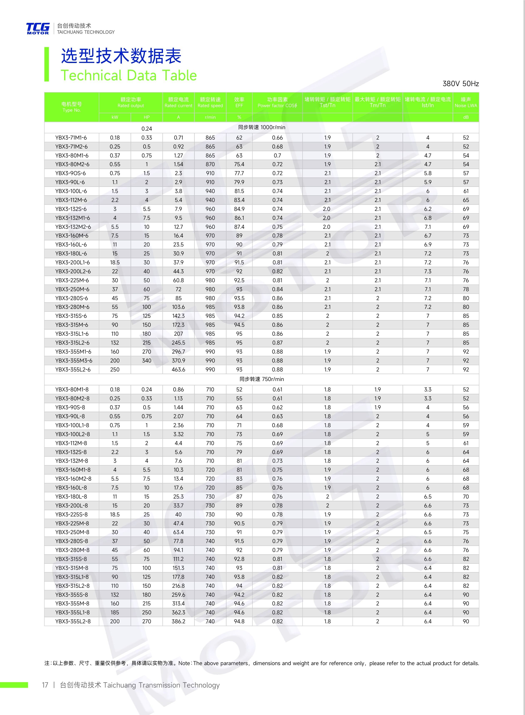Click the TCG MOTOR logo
(38, 28)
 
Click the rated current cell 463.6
(178, 369)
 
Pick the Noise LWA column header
(465, 103)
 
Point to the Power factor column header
(277, 103)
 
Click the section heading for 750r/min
(262, 379)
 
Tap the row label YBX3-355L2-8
(72, 621)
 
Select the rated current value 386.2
(178, 621)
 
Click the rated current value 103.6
(178, 307)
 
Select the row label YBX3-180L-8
(71, 496)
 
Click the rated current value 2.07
(178, 416)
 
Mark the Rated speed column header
(210, 103)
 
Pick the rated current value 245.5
(178, 343)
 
